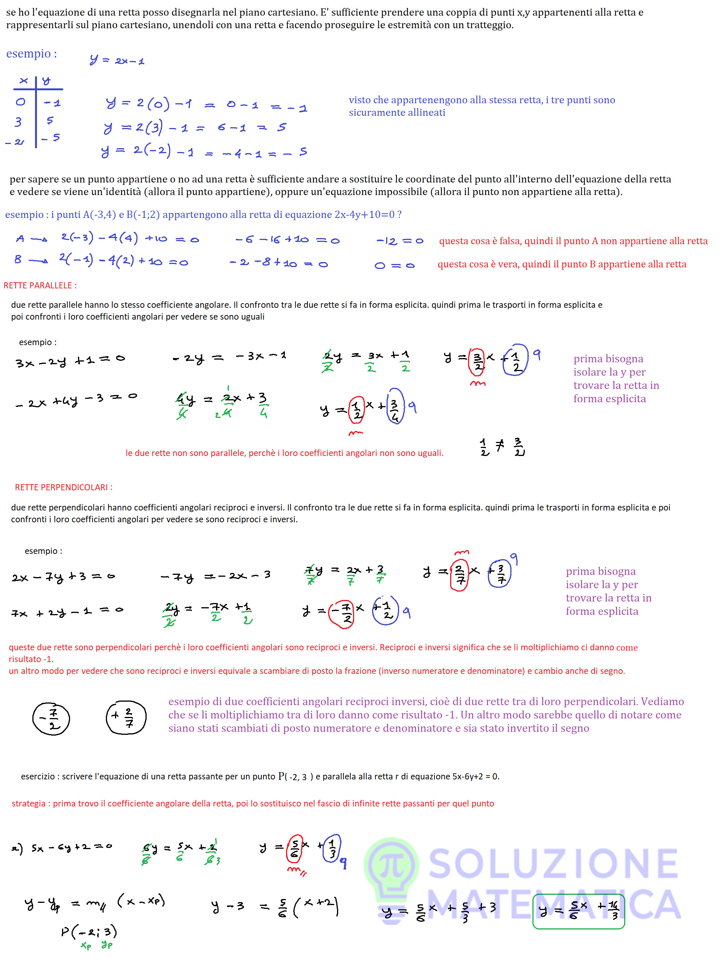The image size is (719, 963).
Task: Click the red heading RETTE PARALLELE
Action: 40,286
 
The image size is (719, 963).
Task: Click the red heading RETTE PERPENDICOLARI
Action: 64,488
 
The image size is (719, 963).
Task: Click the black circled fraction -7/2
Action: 51,719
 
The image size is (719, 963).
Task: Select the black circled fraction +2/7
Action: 126,717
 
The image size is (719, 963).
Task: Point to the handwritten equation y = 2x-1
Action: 117,60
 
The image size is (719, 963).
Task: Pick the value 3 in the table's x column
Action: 18,122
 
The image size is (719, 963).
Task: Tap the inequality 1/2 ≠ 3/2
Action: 502,447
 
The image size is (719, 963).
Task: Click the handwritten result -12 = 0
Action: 399,241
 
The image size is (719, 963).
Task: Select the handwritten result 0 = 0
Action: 394,266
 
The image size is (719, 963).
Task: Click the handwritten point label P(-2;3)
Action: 89,931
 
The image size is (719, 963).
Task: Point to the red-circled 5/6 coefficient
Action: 295,848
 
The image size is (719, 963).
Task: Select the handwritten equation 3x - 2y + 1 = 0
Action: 70,361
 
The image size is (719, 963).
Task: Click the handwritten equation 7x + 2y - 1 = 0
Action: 67,612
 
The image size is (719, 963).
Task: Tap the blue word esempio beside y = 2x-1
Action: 31,54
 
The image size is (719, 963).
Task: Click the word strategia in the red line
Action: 28,804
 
